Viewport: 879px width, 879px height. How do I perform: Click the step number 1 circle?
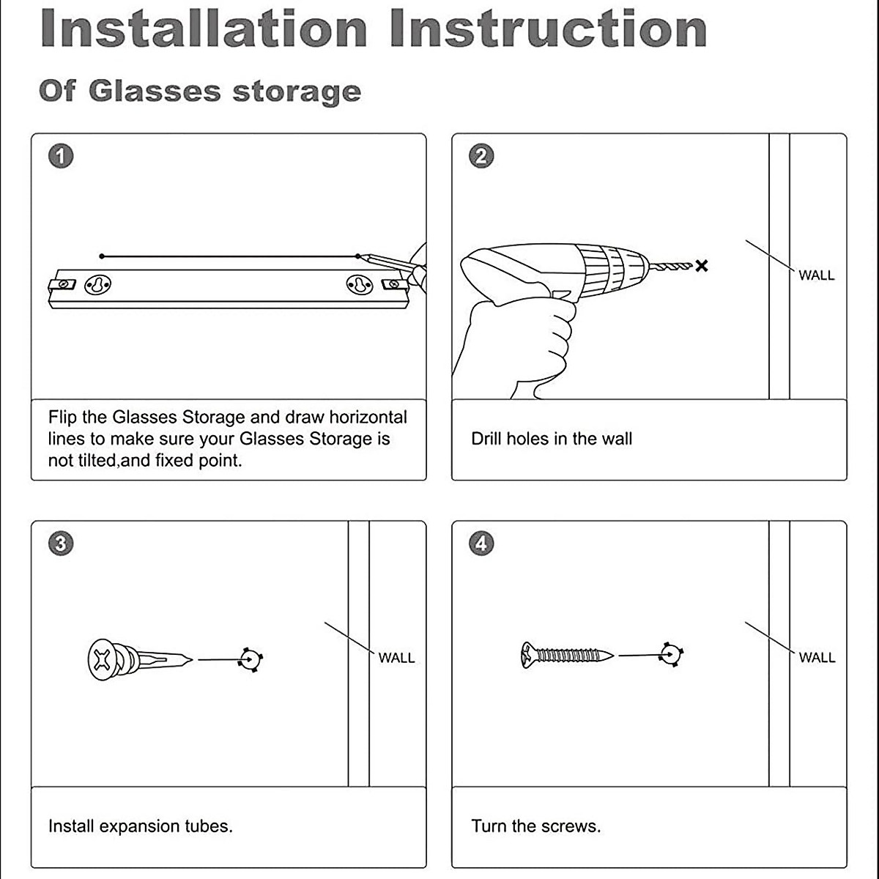61,156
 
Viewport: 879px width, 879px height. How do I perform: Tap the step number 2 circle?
481,156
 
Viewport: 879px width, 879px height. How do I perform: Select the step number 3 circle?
61,544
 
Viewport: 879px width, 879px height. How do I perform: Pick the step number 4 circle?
481,544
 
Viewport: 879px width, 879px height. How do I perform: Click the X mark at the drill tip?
701,266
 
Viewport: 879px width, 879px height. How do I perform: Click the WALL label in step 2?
816,275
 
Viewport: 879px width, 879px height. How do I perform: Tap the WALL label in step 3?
396,658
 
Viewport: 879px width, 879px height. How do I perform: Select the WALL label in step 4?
817,658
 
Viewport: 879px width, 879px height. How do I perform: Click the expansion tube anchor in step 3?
139,659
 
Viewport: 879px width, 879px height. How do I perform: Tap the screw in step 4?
568,654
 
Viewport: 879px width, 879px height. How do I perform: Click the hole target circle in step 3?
251,659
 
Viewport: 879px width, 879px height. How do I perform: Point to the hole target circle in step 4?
670,654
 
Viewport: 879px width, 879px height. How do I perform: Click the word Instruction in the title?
548,29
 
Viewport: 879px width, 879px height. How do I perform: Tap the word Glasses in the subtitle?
155,92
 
